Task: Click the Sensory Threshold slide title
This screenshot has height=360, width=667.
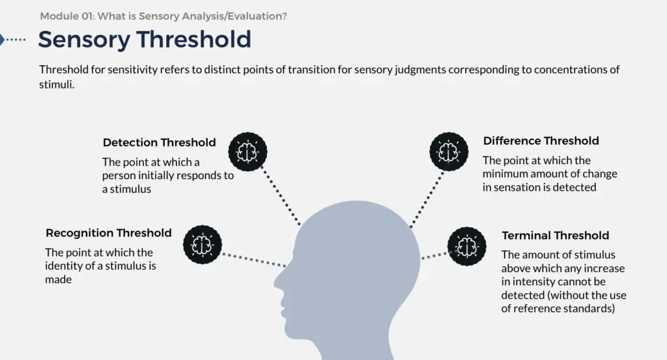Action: coord(145,40)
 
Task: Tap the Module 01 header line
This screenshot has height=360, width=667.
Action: coord(163,16)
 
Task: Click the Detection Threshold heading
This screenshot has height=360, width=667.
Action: coord(159,143)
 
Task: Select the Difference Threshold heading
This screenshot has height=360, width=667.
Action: coord(541,141)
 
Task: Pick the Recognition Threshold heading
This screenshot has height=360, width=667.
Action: coord(109,233)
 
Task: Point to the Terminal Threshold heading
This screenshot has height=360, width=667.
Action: coord(555,236)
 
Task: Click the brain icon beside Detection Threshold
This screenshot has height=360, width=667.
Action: coord(248,152)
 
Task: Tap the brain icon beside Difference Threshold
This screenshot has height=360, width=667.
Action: coord(449,152)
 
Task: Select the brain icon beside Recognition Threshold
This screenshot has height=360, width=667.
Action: coord(203,245)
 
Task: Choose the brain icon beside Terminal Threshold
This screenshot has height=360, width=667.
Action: coord(466,247)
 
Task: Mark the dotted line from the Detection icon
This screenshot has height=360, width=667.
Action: coord(281,196)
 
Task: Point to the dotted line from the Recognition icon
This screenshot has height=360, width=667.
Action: coord(254,260)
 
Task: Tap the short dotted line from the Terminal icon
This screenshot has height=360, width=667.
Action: coord(434,255)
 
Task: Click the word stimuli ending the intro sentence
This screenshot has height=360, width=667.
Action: coord(57,85)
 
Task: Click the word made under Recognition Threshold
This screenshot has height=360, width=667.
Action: coord(58,279)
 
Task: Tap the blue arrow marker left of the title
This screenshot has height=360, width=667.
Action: coord(2,40)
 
